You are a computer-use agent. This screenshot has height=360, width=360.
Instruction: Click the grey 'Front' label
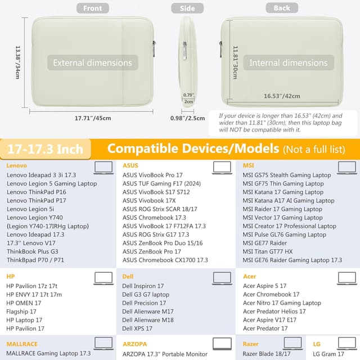tap(92, 8)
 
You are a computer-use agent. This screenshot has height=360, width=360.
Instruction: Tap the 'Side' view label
tap(187, 8)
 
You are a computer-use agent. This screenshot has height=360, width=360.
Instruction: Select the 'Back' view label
tap(282, 8)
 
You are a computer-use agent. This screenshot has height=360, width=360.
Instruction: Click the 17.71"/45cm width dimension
tap(93, 118)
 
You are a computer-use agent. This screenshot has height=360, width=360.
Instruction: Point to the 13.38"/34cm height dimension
tap(17, 62)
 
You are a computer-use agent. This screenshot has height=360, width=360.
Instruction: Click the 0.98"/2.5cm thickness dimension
tap(187, 118)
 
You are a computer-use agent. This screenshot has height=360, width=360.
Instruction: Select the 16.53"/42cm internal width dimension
tap(282, 96)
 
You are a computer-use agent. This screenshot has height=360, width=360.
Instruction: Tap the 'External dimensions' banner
tap(92, 62)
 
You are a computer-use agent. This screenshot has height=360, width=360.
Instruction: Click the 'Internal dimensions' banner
tap(289, 62)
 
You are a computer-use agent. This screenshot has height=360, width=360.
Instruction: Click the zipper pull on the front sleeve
tap(154, 49)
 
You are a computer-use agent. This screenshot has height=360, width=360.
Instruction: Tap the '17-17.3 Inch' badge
tap(46, 149)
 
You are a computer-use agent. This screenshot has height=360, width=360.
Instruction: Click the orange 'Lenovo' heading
tap(16, 165)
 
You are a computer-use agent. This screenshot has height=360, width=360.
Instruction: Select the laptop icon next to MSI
tap(347, 168)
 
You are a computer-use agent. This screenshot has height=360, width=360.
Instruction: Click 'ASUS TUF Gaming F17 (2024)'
tap(161, 184)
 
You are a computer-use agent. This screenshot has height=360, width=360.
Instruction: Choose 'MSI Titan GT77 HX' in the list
tap(268, 251)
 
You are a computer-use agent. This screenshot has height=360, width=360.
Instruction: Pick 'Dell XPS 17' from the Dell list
tap(137, 328)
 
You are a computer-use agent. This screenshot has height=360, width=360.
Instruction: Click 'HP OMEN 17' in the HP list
tap(24, 303)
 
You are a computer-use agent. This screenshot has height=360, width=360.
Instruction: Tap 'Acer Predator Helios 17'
tap(274, 312)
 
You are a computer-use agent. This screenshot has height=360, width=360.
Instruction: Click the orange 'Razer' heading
tap(250, 344)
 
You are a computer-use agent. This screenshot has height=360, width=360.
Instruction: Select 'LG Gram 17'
tap(328, 354)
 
